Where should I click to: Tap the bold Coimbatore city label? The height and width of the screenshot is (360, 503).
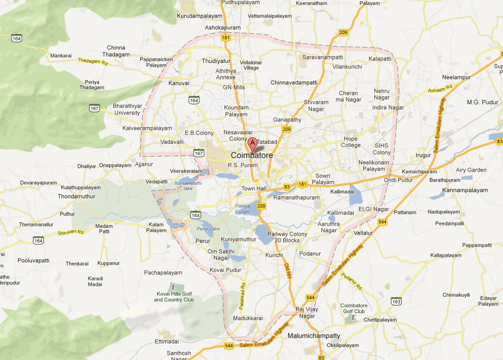click(x=252, y=156)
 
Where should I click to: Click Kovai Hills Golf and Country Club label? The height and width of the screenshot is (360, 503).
click(x=174, y=296)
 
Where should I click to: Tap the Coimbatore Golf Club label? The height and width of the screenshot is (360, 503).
click(x=354, y=308)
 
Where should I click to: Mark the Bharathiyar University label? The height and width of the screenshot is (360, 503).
click(x=127, y=109)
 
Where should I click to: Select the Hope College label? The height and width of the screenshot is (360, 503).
click(x=351, y=142)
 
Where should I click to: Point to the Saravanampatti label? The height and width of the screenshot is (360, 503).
click(x=322, y=57)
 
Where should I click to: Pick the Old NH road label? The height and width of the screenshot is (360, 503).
click(x=288, y=271)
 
